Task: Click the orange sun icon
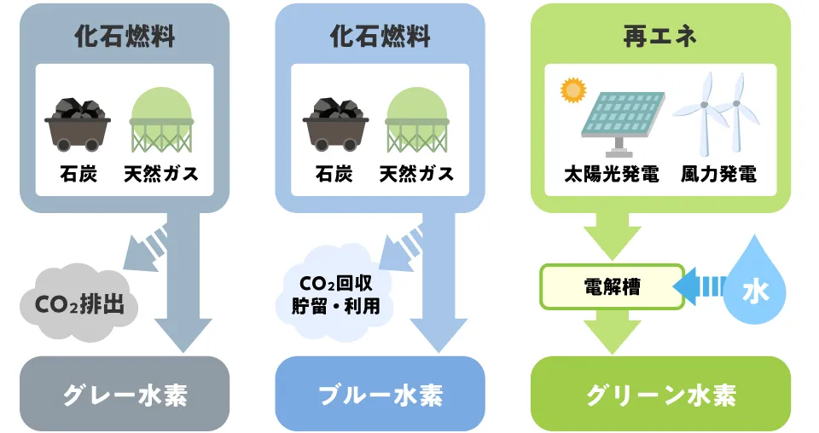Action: click(572, 89)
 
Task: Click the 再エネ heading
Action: click(660, 36)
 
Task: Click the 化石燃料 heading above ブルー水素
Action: click(380, 36)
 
